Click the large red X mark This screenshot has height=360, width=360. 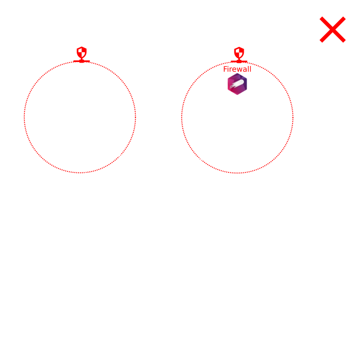[x=333, y=29]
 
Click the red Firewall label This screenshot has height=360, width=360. [x=237, y=69]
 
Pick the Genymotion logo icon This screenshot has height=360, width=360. [x=237, y=85]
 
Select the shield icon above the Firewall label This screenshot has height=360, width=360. [x=238, y=53]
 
